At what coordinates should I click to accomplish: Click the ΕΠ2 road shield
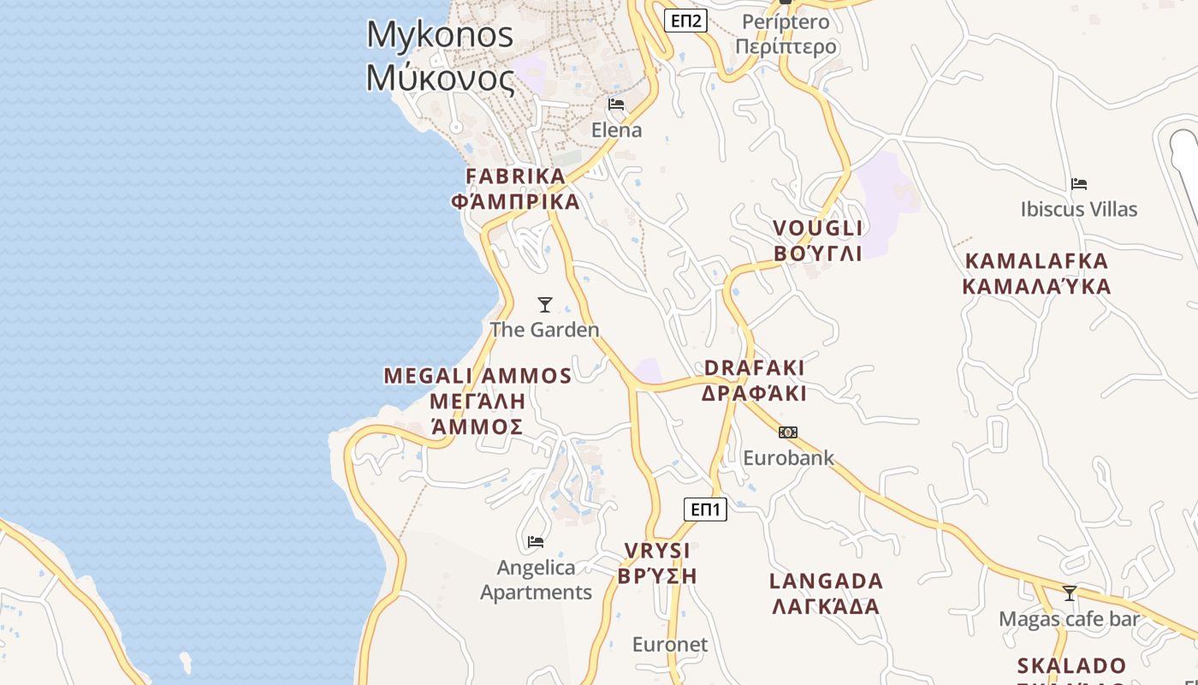[x=686, y=21]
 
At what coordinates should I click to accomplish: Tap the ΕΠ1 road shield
[x=706, y=509]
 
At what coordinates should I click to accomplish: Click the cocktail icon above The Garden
[x=544, y=304]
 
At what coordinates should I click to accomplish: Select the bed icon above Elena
[x=616, y=105]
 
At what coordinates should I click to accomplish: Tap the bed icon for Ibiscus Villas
[x=1079, y=183]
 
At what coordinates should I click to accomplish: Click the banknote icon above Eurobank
[x=788, y=432]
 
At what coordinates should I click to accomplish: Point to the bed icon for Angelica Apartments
[x=536, y=541]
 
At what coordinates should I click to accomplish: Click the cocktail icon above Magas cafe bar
[x=1069, y=593]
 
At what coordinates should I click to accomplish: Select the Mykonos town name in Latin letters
[x=440, y=35]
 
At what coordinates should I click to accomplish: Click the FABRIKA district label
[x=515, y=176]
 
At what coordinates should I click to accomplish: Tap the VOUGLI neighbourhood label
[x=818, y=228]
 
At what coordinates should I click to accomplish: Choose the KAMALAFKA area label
[x=1036, y=261]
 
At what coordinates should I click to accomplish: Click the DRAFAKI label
[x=754, y=367]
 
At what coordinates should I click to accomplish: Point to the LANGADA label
[x=826, y=581]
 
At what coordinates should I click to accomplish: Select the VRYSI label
[x=657, y=551]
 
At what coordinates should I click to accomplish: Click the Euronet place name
[x=670, y=644]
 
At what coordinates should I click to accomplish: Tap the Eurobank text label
[x=788, y=457]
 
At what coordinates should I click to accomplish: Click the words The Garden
[x=544, y=330]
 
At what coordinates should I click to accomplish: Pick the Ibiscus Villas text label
[x=1079, y=209]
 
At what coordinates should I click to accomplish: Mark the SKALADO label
[x=1071, y=665]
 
